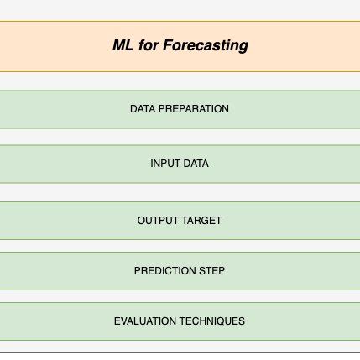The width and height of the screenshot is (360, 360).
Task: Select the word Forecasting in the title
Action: (206, 45)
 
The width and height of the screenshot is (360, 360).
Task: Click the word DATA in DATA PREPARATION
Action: (143, 109)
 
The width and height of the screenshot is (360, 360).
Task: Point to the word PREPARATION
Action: (192, 109)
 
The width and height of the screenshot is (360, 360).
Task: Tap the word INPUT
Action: (165, 164)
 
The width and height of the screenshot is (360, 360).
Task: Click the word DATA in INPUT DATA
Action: (196, 164)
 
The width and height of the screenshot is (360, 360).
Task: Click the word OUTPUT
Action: (158, 221)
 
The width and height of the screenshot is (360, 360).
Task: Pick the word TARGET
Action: (201, 221)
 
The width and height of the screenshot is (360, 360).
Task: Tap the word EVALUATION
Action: (147, 321)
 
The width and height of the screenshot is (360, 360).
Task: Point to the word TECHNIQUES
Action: (213, 321)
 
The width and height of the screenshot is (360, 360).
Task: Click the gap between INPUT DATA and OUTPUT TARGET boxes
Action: (180, 192)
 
